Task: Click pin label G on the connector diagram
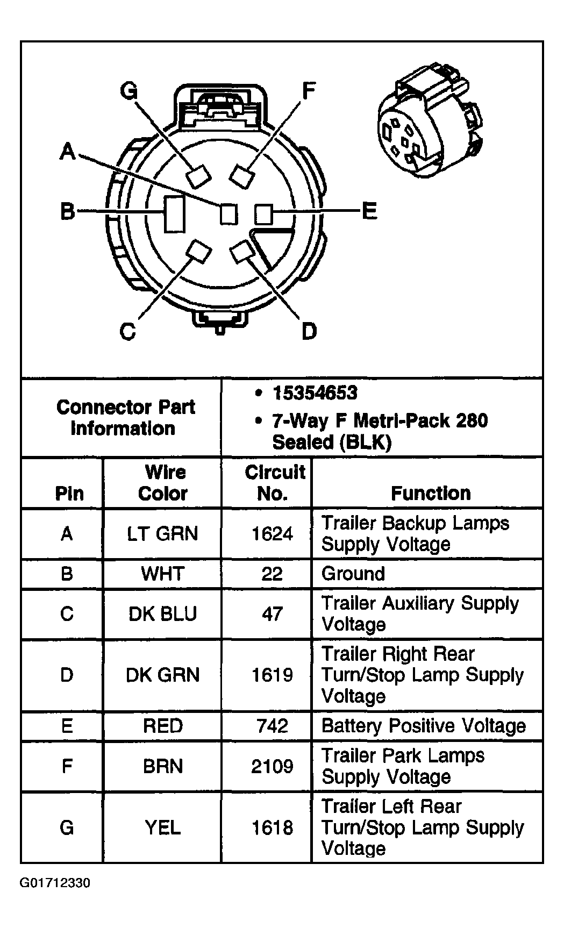[128, 91]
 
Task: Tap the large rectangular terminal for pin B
[174, 214]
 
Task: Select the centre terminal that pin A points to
[229, 214]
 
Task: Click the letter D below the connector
[309, 331]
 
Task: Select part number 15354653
[314, 393]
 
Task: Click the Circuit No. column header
[274, 483]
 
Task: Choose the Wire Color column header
[163, 483]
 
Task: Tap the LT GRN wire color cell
[162, 533]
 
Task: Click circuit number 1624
[272, 533]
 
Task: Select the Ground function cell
[353, 574]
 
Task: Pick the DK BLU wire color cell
[162, 613]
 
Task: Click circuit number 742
[272, 726]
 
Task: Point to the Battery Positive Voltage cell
[423, 726]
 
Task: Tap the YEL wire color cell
[162, 827]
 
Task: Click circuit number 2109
[272, 766]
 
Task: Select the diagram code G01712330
[55, 883]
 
